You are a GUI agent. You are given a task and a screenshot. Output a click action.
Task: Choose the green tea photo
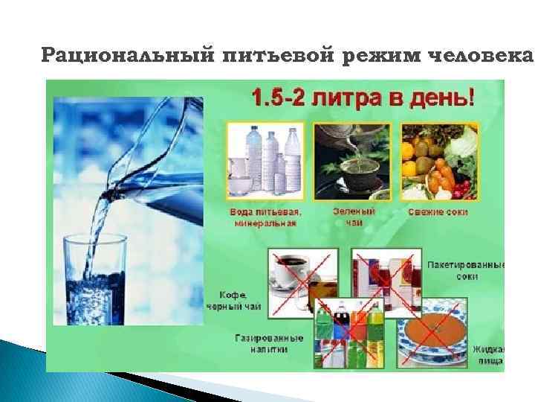(354, 161)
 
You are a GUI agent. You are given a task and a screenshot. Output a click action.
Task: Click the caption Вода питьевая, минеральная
(265, 217)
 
